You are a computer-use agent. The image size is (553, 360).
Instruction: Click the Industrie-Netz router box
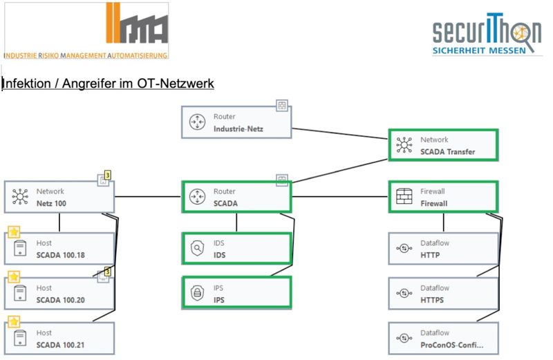(x=236, y=122)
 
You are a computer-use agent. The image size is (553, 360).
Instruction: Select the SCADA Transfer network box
(x=442, y=145)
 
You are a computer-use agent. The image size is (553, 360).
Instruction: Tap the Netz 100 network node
(x=59, y=197)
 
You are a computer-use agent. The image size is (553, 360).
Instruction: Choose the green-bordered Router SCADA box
(x=236, y=197)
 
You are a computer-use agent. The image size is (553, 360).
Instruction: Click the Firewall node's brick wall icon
(x=404, y=197)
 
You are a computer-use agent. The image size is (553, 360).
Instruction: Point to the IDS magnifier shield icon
(x=197, y=249)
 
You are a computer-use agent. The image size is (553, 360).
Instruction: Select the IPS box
(x=236, y=292)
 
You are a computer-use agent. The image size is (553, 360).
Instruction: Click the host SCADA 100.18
(x=59, y=249)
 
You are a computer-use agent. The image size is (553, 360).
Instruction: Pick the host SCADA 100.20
(x=59, y=293)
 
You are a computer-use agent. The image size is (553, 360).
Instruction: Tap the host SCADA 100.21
(x=59, y=339)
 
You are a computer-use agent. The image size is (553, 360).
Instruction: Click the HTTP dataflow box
(x=442, y=249)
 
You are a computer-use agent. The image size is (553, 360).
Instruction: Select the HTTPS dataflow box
(x=442, y=294)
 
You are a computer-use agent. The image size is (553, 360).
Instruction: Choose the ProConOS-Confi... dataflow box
(x=442, y=339)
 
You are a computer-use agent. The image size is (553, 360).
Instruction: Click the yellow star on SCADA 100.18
(x=14, y=232)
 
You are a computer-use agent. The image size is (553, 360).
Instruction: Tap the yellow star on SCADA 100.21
(x=14, y=322)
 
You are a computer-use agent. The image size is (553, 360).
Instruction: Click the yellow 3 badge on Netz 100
(x=108, y=176)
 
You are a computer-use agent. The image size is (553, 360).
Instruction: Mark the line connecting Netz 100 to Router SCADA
(x=148, y=196)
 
